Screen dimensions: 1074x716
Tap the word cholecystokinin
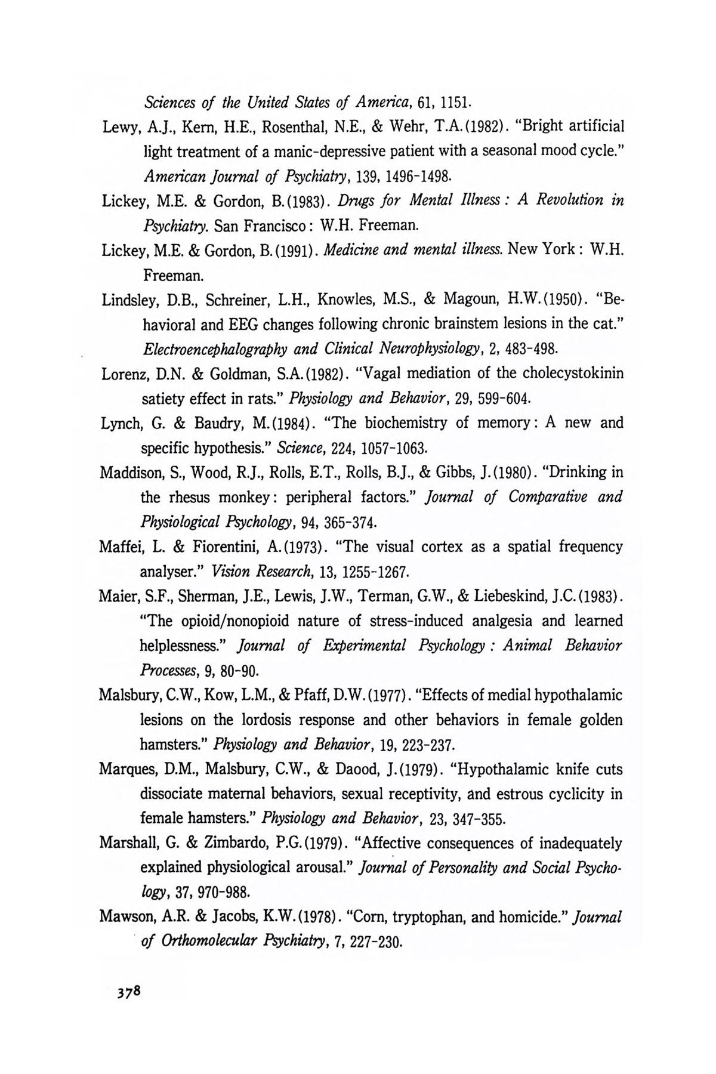point(573,374)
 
